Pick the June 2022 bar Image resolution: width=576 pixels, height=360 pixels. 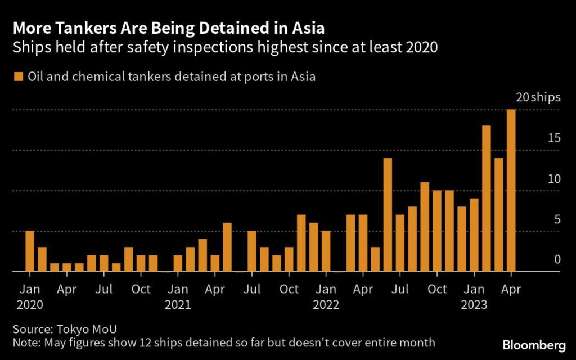click(x=388, y=214)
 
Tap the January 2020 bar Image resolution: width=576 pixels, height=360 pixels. click(x=30, y=251)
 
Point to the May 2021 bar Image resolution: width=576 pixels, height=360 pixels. click(x=227, y=247)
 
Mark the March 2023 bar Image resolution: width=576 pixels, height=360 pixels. click(x=499, y=214)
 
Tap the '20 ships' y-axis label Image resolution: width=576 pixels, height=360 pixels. click(x=538, y=97)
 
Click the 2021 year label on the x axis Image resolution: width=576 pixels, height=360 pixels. click(x=178, y=305)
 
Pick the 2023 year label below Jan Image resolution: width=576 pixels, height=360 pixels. click(x=474, y=305)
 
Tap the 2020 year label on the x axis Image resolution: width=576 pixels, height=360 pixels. click(x=30, y=305)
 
